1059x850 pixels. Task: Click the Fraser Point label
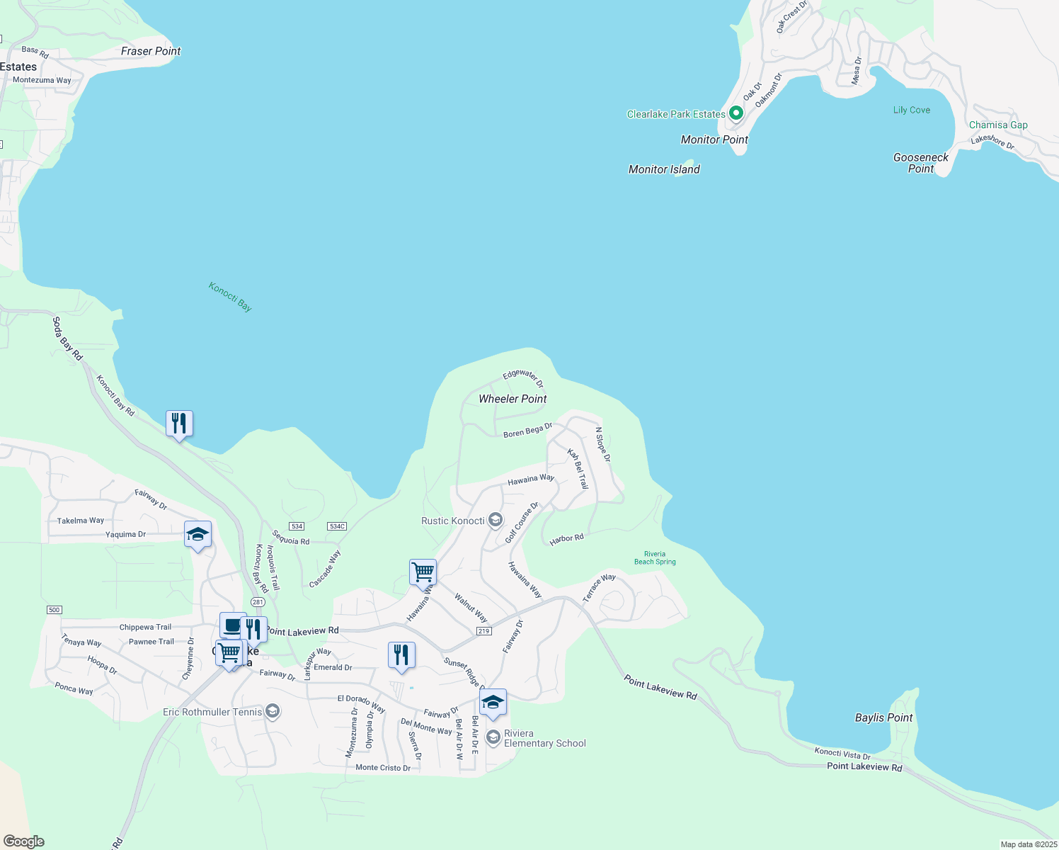pyautogui.click(x=151, y=51)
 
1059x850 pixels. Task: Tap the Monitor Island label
pyautogui.click(x=664, y=169)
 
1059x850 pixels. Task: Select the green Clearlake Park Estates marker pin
pyautogui.click(x=736, y=113)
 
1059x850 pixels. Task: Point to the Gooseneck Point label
pyautogui.click(x=921, y=163)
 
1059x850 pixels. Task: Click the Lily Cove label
pyautogui.click(x=912, y=110)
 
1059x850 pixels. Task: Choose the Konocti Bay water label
pyautogui.click(x=230, y=297)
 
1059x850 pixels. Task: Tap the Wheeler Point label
pyautogui.click(x=513, y=399)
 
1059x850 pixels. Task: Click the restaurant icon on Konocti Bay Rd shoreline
pyautogui.click(x=179, y=424)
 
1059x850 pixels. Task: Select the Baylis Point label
pyautogui.click(x=883, y=718)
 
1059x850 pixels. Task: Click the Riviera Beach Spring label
pyautogui.click(x=655, y=558)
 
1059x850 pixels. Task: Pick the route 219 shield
pyautogui.click(x=483, y=631)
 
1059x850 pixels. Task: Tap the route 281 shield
pyautogui.click(x=258, y=602)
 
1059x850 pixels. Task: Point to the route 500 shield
pyautogui.click(x=55, y=610)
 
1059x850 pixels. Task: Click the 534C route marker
pyautogui.click(x=337, y=526)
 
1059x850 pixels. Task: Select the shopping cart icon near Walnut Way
pyautogui.click(x=423, y=572)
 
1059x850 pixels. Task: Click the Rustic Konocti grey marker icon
pyautogui.click(x=496, y=521)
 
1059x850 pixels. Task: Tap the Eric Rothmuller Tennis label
pyautogui.click(x=212, y=712)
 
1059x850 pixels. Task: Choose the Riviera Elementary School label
pyautogui.click(x=544, y=738)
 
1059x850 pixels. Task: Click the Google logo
pyautogui.click(x=23, y=841)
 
